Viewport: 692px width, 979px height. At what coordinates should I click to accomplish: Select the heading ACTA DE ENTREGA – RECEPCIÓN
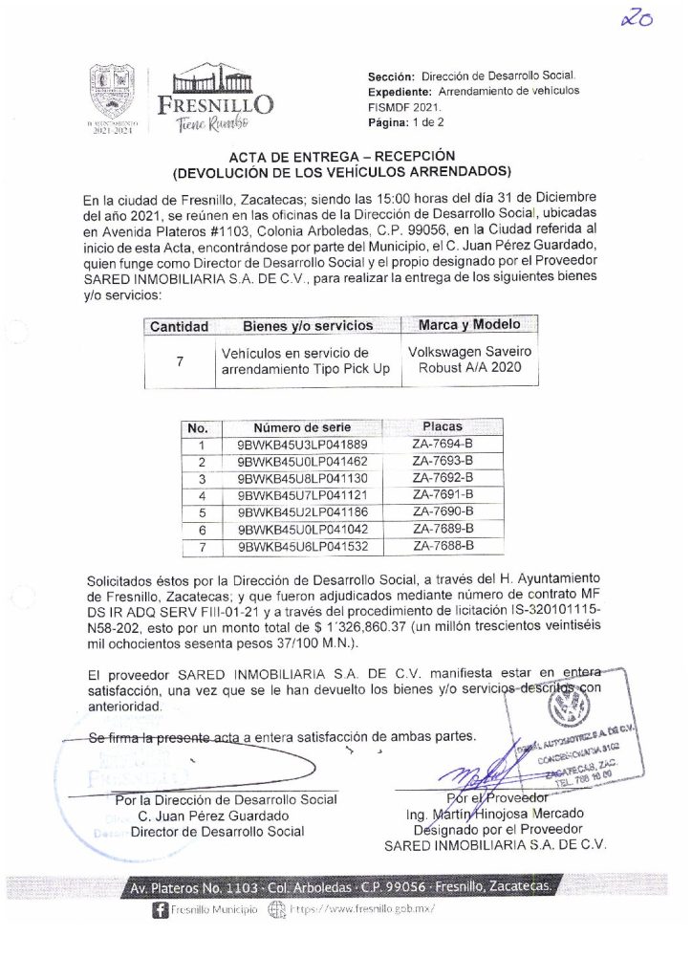point(341,157)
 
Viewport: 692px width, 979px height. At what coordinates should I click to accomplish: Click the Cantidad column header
point(177,327)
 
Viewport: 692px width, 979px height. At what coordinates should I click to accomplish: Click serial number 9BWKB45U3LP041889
point(301,445)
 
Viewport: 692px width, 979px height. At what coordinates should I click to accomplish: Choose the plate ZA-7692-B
point(443,478)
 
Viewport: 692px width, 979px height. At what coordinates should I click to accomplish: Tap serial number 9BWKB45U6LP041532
point(301,546)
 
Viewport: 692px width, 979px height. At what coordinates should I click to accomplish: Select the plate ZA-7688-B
point(443,546)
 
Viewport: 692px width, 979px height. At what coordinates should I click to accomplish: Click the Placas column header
point(442,427)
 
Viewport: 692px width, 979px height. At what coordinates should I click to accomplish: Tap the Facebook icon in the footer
point(159,911)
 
